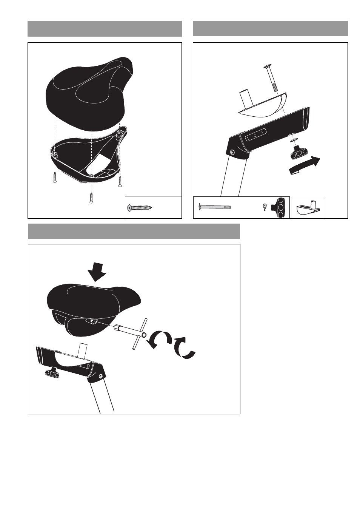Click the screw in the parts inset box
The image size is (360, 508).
[x=140, y=207]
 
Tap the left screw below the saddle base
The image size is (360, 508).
[x=55, y=177]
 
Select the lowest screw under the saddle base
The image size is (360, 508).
[x=91, y=198]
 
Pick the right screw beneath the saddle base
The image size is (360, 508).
[x=120, y=182]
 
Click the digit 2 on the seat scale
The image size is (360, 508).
[x=255, y=136]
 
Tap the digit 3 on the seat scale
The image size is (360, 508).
[x=262, y=133]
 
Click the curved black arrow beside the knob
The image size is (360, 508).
[x=305, y=166]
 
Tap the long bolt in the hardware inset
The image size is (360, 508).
[x=215, y=207]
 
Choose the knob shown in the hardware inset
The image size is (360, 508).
[x=280, y=208]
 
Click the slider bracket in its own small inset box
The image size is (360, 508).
[x=307, y=207]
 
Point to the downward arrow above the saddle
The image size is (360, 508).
[x=97, y=272]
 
